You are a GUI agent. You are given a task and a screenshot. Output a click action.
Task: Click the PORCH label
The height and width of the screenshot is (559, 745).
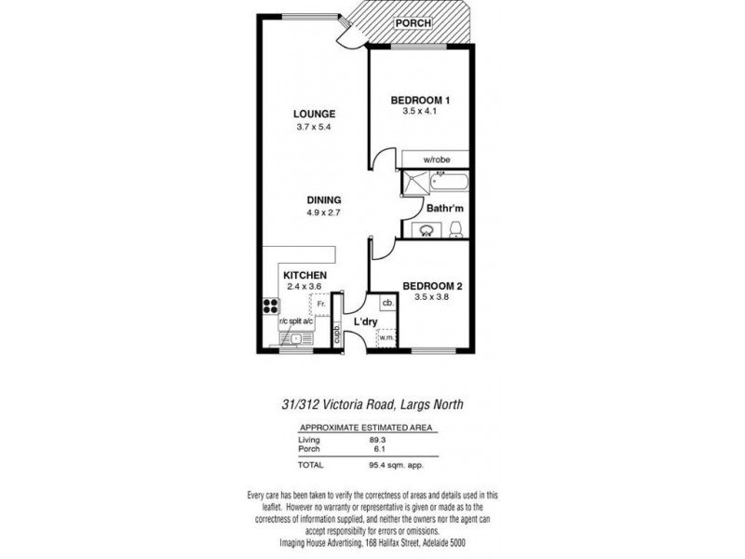(413, 22)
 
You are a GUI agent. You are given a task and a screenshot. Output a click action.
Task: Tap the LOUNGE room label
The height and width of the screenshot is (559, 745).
(313, 115)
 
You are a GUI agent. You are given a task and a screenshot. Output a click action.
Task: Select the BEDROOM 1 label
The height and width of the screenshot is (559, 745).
(420, 101)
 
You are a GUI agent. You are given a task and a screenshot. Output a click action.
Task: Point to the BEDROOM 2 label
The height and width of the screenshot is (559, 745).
(433, 286)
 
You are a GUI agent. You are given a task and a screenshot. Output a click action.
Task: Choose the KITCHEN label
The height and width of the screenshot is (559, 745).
(305, 276)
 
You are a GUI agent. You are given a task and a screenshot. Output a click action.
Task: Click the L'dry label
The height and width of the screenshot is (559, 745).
(365, 321)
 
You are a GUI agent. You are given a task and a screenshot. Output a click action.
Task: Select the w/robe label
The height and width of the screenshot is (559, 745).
(436, 160)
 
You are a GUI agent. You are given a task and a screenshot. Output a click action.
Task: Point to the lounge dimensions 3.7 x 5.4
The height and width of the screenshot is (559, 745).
(313, 127)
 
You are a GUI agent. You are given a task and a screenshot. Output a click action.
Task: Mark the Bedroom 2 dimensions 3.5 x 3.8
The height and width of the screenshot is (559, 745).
(433, 298)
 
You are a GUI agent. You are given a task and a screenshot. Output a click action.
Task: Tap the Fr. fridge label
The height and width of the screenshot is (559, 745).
(319, 303)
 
